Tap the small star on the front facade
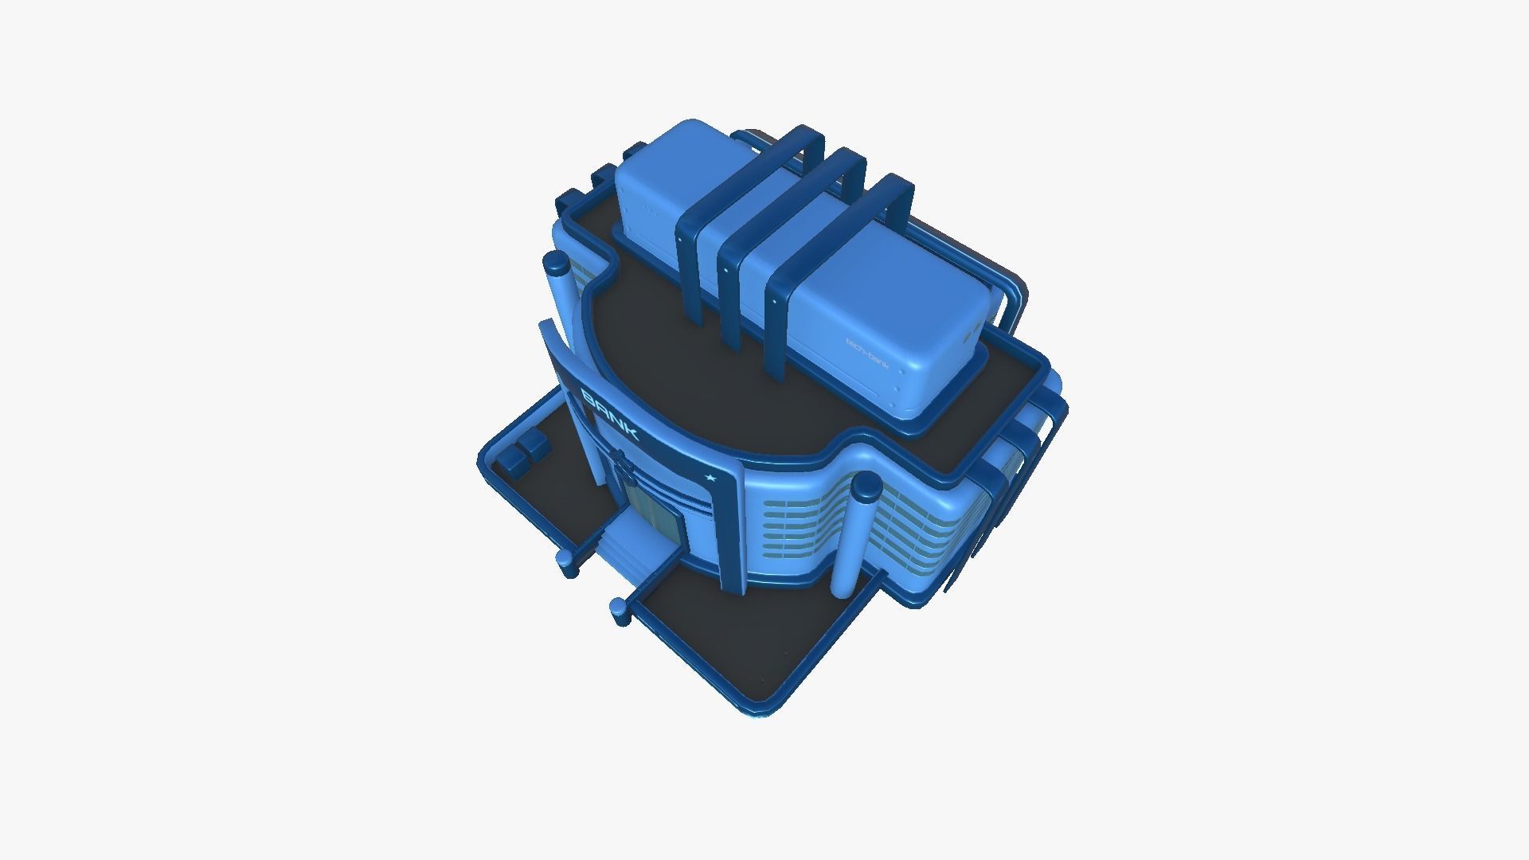[x=710, y=477]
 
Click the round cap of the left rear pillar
[x=556, y=262]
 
